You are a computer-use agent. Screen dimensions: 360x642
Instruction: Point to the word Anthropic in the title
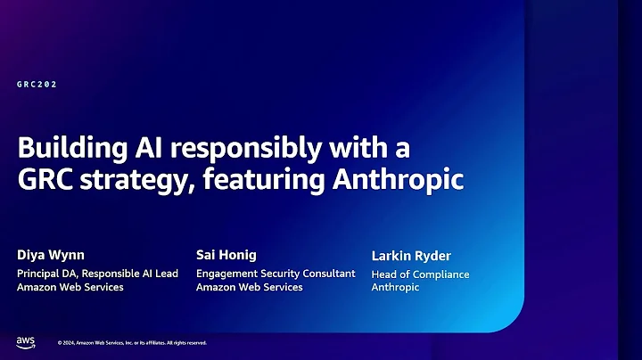click(399, 179)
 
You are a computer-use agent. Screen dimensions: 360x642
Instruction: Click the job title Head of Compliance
click(420, 274)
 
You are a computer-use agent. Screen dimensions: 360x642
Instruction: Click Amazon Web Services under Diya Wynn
click(70, 287)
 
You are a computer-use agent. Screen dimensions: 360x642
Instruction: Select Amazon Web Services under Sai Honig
click(249, 287)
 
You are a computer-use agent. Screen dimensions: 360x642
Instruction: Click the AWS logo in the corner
click(25, 341)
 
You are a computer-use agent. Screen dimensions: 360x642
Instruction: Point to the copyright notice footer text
click(132, 342)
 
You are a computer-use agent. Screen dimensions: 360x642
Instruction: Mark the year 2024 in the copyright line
click(70, 342)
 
